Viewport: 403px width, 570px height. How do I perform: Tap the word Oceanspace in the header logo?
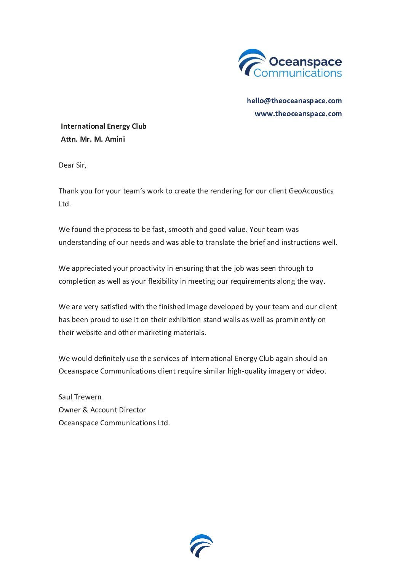305,61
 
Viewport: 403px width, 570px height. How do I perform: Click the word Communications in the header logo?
297,73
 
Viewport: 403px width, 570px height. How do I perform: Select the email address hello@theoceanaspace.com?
294,101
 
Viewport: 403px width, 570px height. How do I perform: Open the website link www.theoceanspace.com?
298,113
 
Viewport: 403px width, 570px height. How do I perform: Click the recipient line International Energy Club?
104,126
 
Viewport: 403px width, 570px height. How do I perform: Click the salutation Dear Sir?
72,165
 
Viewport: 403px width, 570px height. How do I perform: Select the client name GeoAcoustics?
311,191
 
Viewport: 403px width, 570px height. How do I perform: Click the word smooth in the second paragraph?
180,230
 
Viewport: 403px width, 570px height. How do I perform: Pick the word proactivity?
146,268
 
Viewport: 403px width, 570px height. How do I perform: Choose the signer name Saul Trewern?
80,397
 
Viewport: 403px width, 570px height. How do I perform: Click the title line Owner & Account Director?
102,410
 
